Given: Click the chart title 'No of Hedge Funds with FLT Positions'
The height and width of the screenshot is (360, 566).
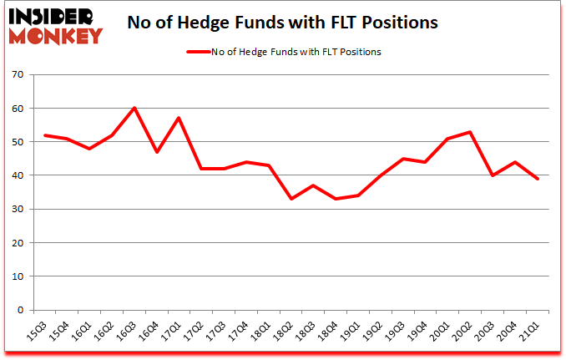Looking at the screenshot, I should pos(283,23).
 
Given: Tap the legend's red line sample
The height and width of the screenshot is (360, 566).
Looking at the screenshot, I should pos(197,52).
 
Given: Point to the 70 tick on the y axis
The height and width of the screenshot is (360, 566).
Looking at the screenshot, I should pos(19,75).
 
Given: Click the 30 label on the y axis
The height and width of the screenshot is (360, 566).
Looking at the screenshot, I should pos(19,210).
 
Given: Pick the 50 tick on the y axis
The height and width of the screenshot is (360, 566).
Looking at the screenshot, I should pos(19,142).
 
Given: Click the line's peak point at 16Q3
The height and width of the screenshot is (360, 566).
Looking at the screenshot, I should pos(134,108).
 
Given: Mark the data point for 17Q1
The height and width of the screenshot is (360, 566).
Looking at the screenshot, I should pos(179,118).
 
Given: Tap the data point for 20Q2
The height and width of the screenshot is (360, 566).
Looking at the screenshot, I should pos(471,132).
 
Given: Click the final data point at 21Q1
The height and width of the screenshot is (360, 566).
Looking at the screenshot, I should pos(537,179).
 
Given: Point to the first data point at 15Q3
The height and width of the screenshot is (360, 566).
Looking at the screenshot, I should pos(45,135).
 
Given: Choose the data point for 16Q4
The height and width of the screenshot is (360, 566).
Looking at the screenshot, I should pos(156,152).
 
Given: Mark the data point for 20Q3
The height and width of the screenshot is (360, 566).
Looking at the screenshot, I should pos(493,175).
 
